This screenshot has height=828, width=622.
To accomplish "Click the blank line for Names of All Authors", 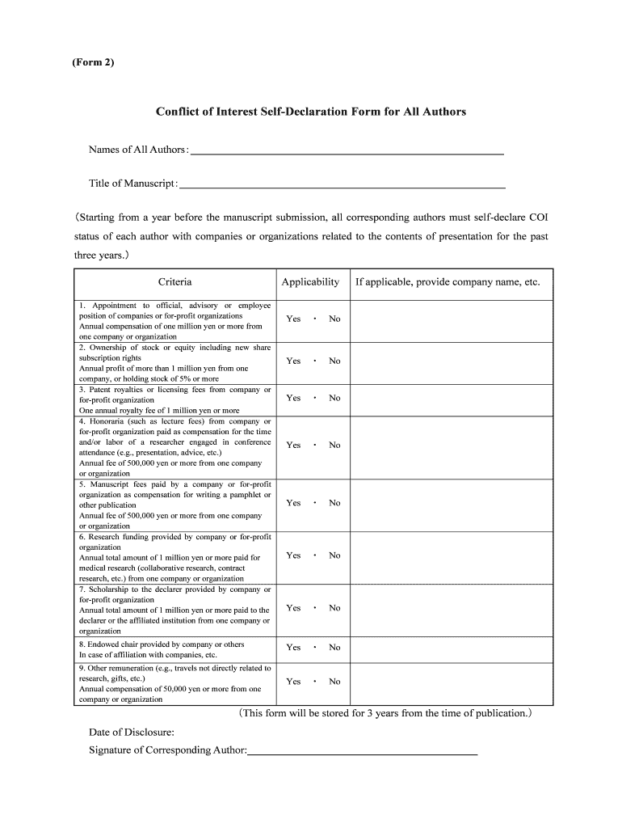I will [x=347, y=151].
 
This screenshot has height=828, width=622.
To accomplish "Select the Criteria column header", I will [x=174, y=282].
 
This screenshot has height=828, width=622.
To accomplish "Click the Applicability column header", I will [x=310, y=282].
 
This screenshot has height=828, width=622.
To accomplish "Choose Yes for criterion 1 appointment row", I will [x=293, y=319].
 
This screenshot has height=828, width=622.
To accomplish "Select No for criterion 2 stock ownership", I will [x=334, y=361].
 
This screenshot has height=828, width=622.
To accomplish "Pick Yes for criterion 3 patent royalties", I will [x=293, y=398].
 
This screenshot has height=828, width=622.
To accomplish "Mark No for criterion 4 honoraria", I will [x=334, y=446].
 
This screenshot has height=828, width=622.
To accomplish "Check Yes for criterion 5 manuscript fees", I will [x=293, y=503].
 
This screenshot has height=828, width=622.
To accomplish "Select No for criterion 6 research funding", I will [x=334, y=556].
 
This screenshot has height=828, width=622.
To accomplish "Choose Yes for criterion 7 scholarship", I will [x=293, y=608].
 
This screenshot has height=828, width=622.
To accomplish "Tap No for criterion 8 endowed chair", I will [x=334, y=648].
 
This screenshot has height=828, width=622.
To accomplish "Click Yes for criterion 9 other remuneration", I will [x=293, y=682].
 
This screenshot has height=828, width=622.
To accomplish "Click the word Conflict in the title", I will [x=180, y=112].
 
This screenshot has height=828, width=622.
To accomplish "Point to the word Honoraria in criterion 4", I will [x=110, y=421].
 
